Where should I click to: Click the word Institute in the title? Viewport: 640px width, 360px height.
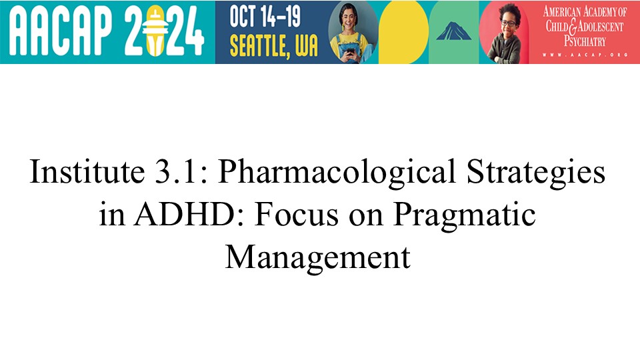(x=87, y=171)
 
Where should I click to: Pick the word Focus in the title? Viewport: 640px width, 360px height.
(x=296, y=215)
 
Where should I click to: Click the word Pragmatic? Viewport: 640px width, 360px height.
(x=464, y=216)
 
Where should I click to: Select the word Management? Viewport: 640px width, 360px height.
(x=317, y=258)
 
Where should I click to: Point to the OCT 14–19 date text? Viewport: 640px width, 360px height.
(x=265, y=17)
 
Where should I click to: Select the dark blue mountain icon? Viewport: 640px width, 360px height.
(x=453, y=31)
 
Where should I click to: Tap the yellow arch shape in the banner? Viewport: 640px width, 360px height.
(x=403, y=32)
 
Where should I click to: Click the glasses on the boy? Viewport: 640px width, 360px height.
(x=508, y=23)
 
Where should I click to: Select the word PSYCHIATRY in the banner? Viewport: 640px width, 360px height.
(x=585, y=41)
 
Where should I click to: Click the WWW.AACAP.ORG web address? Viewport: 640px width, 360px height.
(x=585, y=55)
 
